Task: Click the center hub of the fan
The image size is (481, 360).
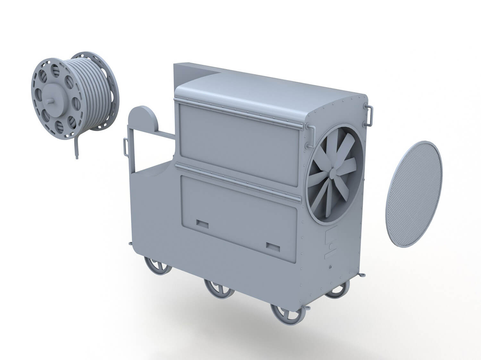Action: click(333, 175)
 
